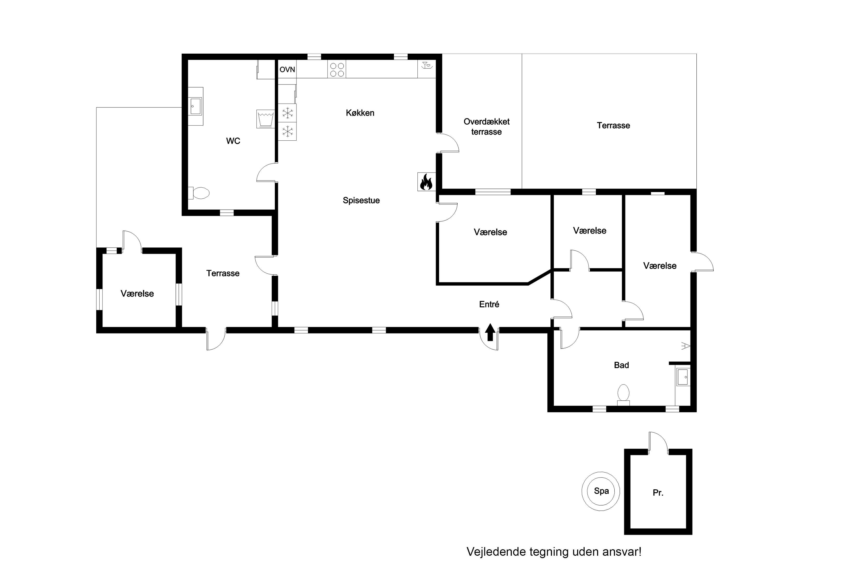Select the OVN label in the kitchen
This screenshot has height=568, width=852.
point(287,69)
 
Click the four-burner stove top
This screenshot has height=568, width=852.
point(337,69)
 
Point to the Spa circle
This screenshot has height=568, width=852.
point(601,492)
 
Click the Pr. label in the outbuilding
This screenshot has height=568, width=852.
point(658,493)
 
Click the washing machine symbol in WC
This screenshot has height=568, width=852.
point(265,119)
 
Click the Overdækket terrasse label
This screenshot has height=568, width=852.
point(486,126)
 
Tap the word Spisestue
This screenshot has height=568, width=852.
point(361,200)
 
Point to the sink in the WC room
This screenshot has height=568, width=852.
point(196,106)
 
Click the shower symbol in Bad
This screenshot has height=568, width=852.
point(685,346)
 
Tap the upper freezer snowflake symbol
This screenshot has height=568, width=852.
point(288,113)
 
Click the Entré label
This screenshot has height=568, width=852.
point(489,304)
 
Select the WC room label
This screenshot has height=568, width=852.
point(233,141)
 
